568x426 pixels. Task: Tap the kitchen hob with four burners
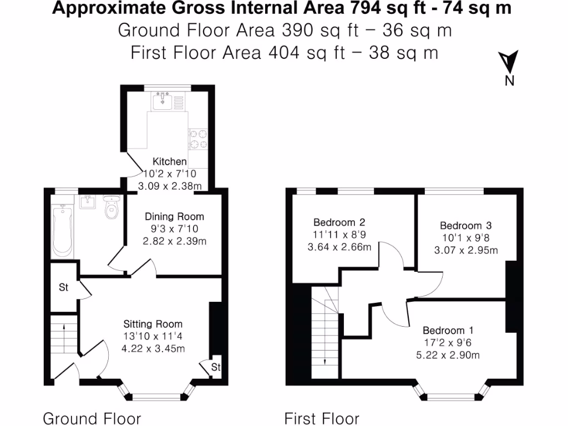(x=198, y=139)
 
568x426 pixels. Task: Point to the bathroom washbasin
(x=88, y=202)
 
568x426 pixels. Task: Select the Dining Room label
(x=174, y=216)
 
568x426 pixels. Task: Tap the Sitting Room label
(x=153, y=324)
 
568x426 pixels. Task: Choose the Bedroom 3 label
(x=466, y=225)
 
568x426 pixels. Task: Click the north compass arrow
(x=509, y=61)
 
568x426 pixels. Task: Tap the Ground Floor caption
(x=92, y=418)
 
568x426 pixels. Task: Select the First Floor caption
(x=322, y=418)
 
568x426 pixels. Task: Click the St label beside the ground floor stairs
(x=64, y=288)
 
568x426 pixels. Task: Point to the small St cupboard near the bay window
(x=216, y=367)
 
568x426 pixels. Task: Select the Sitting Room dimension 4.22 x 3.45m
(x=153, y=348)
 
